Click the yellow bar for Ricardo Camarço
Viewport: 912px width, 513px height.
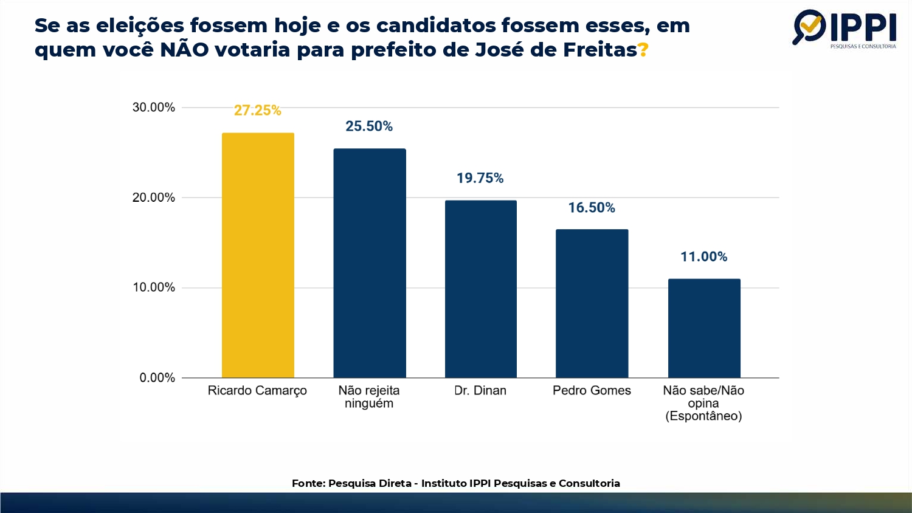258,255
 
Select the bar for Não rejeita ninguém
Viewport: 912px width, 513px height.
370,263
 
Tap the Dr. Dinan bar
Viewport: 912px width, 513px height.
481,289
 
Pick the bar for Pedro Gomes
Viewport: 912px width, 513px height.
592,303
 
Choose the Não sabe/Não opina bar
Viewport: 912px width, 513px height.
704,328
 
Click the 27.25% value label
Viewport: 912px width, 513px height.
258,111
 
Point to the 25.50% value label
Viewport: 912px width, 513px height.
369,126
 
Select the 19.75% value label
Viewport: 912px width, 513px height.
480,178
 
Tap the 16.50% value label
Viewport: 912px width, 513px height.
592,208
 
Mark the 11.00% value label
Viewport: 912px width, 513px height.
704,256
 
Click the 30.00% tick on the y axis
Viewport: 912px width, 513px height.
154,108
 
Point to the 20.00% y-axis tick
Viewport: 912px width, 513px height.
154,198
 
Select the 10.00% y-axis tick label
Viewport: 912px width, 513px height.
154,287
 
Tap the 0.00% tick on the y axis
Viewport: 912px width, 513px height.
157,378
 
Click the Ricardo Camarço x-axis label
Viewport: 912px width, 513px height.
257,391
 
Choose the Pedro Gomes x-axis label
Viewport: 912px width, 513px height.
592,391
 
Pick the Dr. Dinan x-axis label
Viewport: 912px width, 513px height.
480,391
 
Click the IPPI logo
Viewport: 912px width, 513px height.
845,28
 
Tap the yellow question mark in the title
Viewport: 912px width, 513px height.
643,50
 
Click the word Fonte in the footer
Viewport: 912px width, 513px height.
307,484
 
